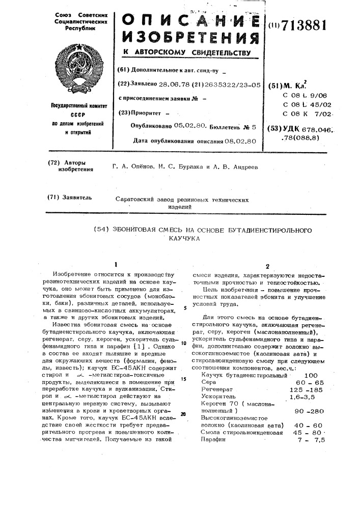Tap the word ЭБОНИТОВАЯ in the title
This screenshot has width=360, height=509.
pyautogui.click(x=148, y=231)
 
